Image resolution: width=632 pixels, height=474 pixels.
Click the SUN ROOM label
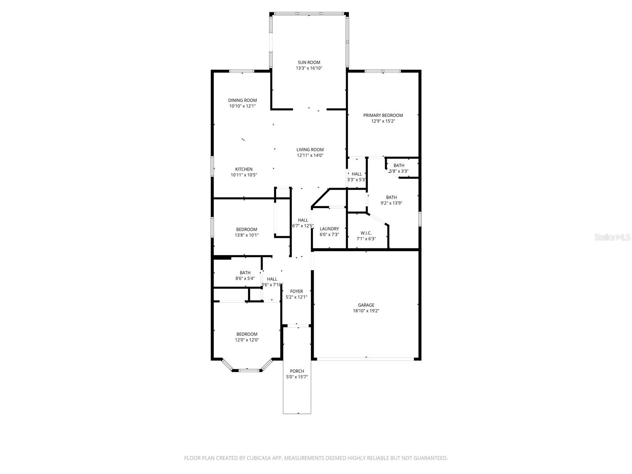pyautogui.click(x=309, y=62)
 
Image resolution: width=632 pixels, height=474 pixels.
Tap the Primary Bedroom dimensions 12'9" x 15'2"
pyautogui.click(x=383, y=121)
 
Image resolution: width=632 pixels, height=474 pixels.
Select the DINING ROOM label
pyautogui.click(x=242, y=100)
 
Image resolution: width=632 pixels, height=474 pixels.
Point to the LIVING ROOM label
pyautogui.click(x=310, y=150)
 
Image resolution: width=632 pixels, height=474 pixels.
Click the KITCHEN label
pyautogui.click(x=244, y=169)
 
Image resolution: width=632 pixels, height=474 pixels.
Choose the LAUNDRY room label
pyautogui.click(x=329, y=229)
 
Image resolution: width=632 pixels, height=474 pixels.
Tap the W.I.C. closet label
pyautogui.click(x=366, y=233)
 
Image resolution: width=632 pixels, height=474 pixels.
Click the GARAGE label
pyautogui.click(x=366, y=305)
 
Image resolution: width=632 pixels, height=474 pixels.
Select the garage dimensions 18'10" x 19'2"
pyautogui.click(x=366, y=311)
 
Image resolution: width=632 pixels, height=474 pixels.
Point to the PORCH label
pyautogui.click(x=297, y=371)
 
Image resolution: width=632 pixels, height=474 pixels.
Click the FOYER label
pyautogui.click(x=296, y=292)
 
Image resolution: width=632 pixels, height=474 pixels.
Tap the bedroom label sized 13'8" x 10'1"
pyautogui.click(x=246, y=229)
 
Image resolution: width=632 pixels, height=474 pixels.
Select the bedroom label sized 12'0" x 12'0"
pyautogui.click(x=246, y=334)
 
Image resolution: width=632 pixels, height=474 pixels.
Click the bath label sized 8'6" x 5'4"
pyautogui.click(x=245, y=273)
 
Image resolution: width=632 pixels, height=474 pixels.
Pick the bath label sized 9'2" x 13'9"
pyautogui.click(x=391, y=197)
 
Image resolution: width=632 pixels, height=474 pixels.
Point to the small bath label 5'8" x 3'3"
pyautogui.click(x=399, y=166)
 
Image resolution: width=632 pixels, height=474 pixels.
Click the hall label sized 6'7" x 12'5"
pyautogui.click(x=303, y=220)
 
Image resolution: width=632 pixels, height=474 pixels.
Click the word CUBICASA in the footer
pyautogui.click(x=261, y=458)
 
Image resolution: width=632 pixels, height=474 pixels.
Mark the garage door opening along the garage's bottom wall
pyautogui.click(x=366, y=359)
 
